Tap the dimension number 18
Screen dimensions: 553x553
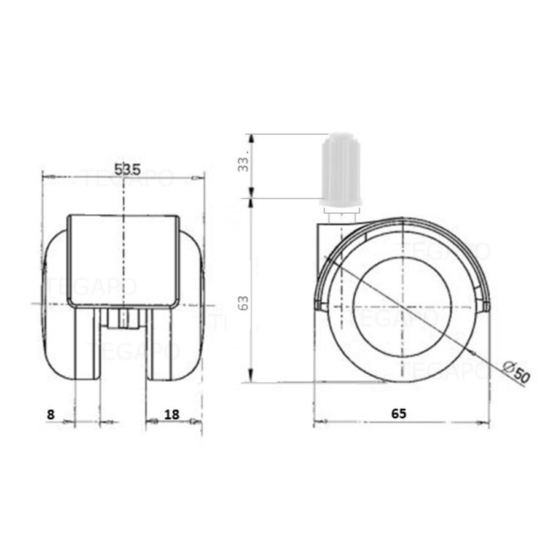(x=172, y=414)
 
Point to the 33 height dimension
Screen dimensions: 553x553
(x=244, y=164)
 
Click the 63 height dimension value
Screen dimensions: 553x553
(x=244, y=302)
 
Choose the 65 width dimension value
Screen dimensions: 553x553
(x=399, y=414)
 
